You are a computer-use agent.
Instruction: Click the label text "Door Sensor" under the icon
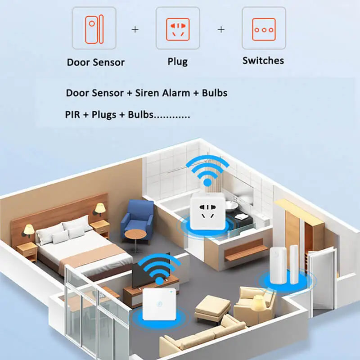[95, 63]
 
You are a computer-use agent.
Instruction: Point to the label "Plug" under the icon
[177, 62]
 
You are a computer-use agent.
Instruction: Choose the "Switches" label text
[263, 61]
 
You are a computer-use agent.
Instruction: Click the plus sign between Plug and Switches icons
[221, 29]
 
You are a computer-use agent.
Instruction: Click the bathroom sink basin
[231, 206]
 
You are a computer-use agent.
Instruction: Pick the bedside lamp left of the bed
[29, 230]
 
